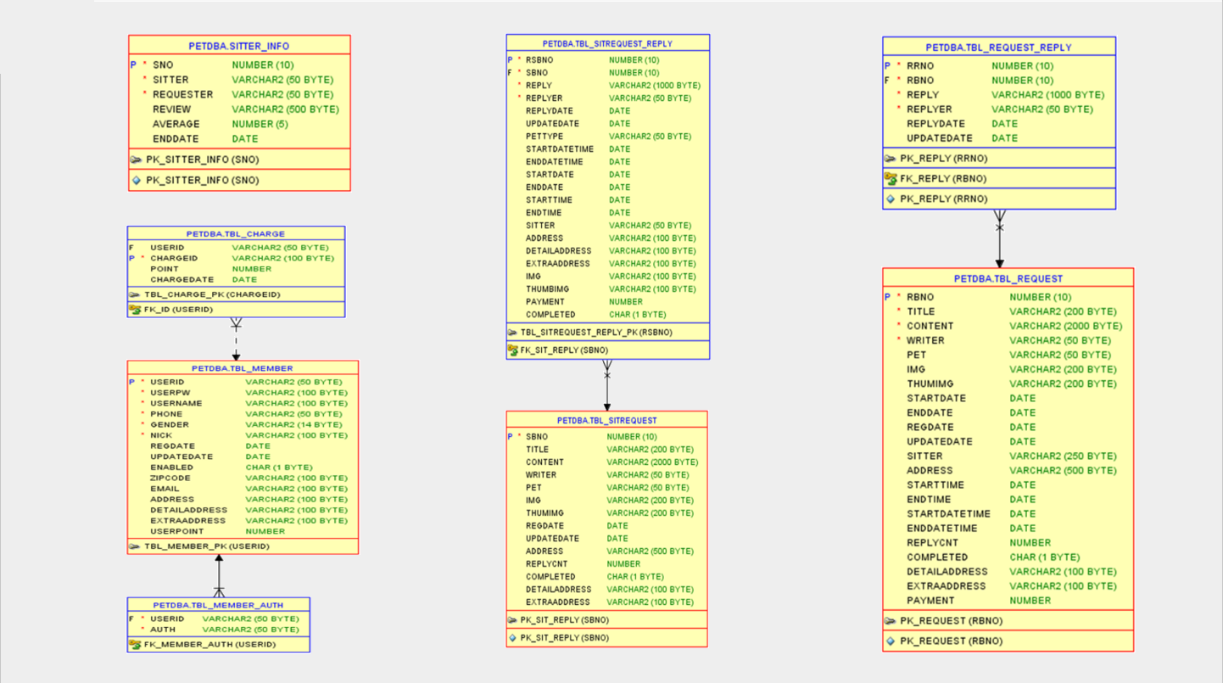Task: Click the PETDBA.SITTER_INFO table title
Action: pos(238,47)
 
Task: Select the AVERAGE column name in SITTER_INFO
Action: pos(176,124)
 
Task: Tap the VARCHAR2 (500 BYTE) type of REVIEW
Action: pos(285,109)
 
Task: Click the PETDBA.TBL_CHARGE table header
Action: pos(236,234)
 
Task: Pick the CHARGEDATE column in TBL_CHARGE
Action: pos(176,279)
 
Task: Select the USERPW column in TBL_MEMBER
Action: pos(170,393)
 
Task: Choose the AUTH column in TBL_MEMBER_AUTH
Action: pos(163,630)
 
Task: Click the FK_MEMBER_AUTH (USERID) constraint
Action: pos(209,645)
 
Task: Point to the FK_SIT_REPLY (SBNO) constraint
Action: pos(564,350)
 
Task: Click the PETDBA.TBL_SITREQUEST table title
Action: pos(606,420)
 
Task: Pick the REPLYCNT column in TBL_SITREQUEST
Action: pos(547,564)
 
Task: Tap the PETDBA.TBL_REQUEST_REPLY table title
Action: pos(998,48)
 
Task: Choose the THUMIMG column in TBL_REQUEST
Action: pos(930,384)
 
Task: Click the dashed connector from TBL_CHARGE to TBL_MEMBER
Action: pos(236,339)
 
